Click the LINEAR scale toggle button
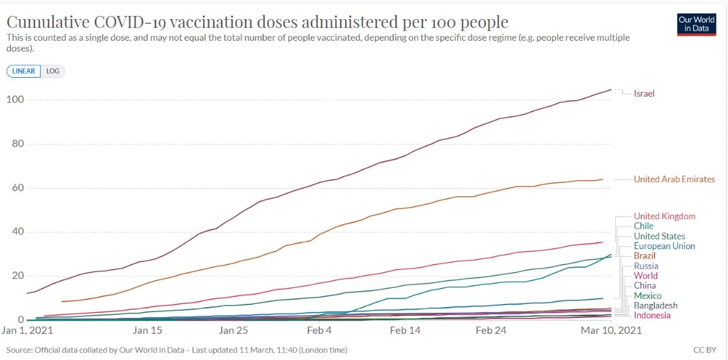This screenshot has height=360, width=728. [x=24, y=71]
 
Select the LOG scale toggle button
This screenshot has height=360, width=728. [x=53, y=71]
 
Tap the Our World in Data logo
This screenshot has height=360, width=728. [x=696, y=24]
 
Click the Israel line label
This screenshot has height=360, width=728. [x=644, y=94]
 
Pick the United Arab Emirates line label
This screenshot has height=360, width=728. [x=674, y=179]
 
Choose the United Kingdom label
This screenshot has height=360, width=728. [x=664, y=217]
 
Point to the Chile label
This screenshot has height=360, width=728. [x=643, y=226]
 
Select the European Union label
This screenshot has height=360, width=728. [x=664, y=246]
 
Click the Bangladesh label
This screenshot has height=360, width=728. [x=655, y=306]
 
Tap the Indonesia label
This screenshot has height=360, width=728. [x=652, y=315]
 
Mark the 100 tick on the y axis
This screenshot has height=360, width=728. [x=15, y=100]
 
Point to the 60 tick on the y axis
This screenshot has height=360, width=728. [x=15, y=188]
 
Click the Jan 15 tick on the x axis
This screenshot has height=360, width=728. [x=148, y=330]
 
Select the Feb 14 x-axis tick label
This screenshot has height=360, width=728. [x=405, y=330]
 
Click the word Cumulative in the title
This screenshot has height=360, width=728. [x=46, y=22]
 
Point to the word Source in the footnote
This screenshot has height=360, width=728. [x=19, y=350]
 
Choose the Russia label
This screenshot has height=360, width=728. [x=646, y=266]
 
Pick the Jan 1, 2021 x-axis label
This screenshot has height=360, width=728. [x=27, y=330]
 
